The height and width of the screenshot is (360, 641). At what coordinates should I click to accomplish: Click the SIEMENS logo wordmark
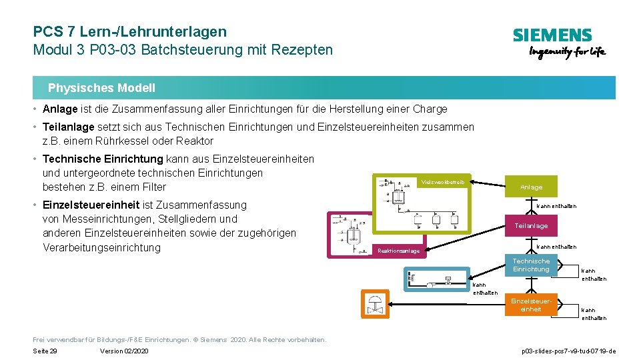(x=552, y=35)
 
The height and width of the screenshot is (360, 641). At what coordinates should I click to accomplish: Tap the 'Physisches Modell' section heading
(x=101, y=88)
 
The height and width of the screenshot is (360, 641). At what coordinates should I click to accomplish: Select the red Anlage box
(x=531, y=187)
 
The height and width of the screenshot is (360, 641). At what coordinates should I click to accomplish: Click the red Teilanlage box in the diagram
(x=531, y=226)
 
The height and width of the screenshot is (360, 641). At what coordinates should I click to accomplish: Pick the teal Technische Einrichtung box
(x=531, y=265)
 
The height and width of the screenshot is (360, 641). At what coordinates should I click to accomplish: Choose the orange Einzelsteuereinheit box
(x=531, y=305)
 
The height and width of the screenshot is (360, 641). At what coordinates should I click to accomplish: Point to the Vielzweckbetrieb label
(x=442, y=181)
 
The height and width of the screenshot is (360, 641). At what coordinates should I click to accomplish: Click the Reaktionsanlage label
(x=398, y=251)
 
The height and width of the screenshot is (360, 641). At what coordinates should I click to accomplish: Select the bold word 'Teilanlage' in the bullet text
(x=69, y=127)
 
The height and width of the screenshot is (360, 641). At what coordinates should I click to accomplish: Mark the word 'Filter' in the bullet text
(x=153, y=187)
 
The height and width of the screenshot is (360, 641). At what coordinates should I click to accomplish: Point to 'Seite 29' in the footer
(x=45, y=351)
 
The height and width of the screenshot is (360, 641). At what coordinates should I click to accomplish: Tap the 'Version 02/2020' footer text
(x=124, y=351)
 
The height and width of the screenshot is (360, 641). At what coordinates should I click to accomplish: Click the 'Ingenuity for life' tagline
(x=567, y=53)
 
